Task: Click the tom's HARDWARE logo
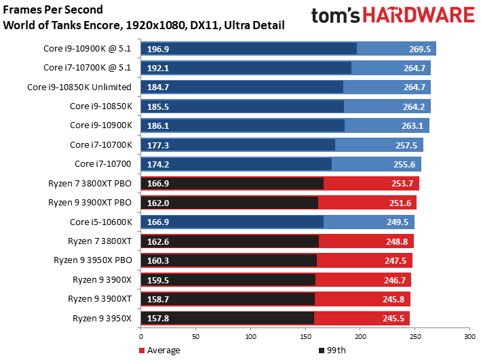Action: tap(393, 17)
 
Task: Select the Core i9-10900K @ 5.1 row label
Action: tap(89, 48)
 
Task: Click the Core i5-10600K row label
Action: tap(101, 222)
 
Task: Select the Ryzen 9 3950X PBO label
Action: tap(94, 260)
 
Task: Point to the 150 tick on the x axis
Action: tap(305, 336)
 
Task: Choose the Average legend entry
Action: tap(159, 350)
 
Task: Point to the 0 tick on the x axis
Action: tap(140, 336)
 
